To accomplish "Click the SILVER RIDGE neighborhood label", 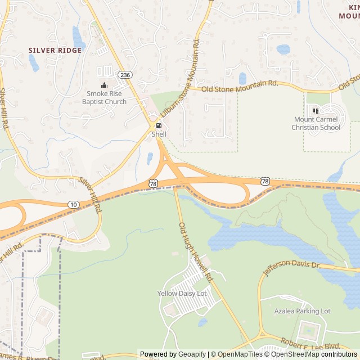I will click(x=55, y=50).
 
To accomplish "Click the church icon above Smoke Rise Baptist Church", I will click(x=104, y=85).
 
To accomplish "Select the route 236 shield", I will click(x=125, y=74).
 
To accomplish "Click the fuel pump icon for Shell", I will click(x=159, y=125).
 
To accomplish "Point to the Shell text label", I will click(x=159, y=134).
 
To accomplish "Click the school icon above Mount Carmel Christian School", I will click(x=316, y=110).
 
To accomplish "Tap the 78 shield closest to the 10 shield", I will click(x=153, y=184).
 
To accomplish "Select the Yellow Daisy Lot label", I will click(x=182, y=294).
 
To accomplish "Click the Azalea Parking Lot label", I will click(x=302, y=311).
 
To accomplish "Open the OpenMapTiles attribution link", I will click(x=238, y=354).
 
